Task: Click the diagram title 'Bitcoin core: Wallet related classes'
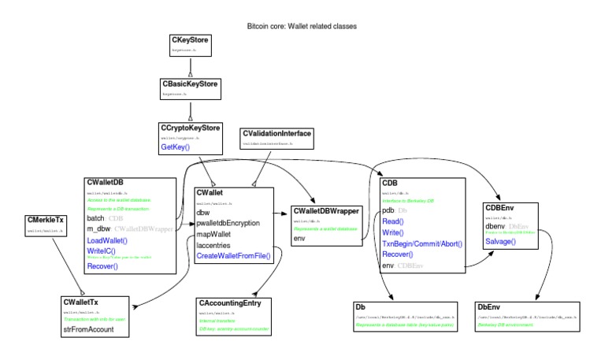302,26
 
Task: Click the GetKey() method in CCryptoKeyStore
174,147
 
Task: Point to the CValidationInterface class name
277,134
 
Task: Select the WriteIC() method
102,251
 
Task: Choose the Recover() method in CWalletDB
102,267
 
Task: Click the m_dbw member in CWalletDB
98,228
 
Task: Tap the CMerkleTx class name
46,220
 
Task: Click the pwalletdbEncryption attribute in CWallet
228,224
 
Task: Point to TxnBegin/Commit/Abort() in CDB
421,244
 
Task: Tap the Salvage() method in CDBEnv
500,241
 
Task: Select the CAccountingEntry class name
235,302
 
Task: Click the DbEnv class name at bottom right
488,306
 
